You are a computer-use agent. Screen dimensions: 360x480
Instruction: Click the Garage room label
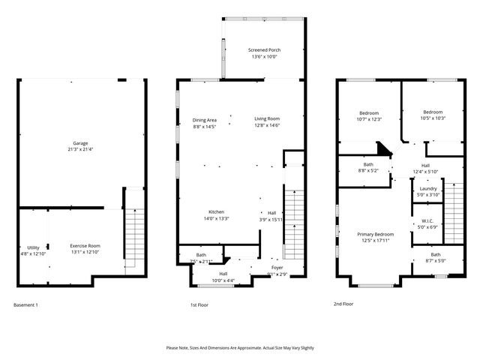click(x=80, y=142)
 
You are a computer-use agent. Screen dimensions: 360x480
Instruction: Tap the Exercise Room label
click(x=85, y=246)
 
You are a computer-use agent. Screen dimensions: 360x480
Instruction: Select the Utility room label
click(x=33, y=247)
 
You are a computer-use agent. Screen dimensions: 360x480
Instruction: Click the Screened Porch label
click(x=263, y=50)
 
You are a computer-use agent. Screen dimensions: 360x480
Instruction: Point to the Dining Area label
click(x=204, y=120)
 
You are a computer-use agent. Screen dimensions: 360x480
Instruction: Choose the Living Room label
click(x=266, y=118)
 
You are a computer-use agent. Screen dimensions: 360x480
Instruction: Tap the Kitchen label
click(x=216, y=211)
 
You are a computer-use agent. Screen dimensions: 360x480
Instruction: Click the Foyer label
click(x=277, y=267)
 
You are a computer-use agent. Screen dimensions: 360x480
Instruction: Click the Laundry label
click(x=429, y=190)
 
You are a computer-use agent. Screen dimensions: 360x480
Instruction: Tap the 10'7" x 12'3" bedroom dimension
click(x=368, y=119)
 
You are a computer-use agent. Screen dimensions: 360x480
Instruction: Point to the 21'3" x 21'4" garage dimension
click(x=80, y=149)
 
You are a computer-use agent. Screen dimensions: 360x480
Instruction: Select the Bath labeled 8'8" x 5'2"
click(x=368, y=164)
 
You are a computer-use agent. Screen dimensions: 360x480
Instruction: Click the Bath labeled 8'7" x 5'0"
click(x=436, y=255)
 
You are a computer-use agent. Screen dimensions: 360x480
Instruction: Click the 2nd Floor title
click(x=344, y=304)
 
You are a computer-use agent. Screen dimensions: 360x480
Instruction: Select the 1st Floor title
click(x=199, y=305)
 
